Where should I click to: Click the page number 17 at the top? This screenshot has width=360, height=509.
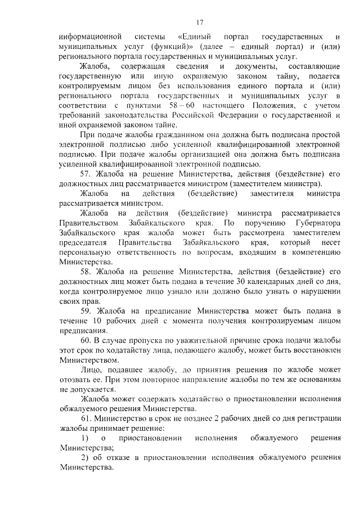(199, 22)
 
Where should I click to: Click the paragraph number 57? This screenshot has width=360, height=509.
(86, 174)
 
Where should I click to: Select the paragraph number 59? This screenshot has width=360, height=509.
(86, 311)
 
